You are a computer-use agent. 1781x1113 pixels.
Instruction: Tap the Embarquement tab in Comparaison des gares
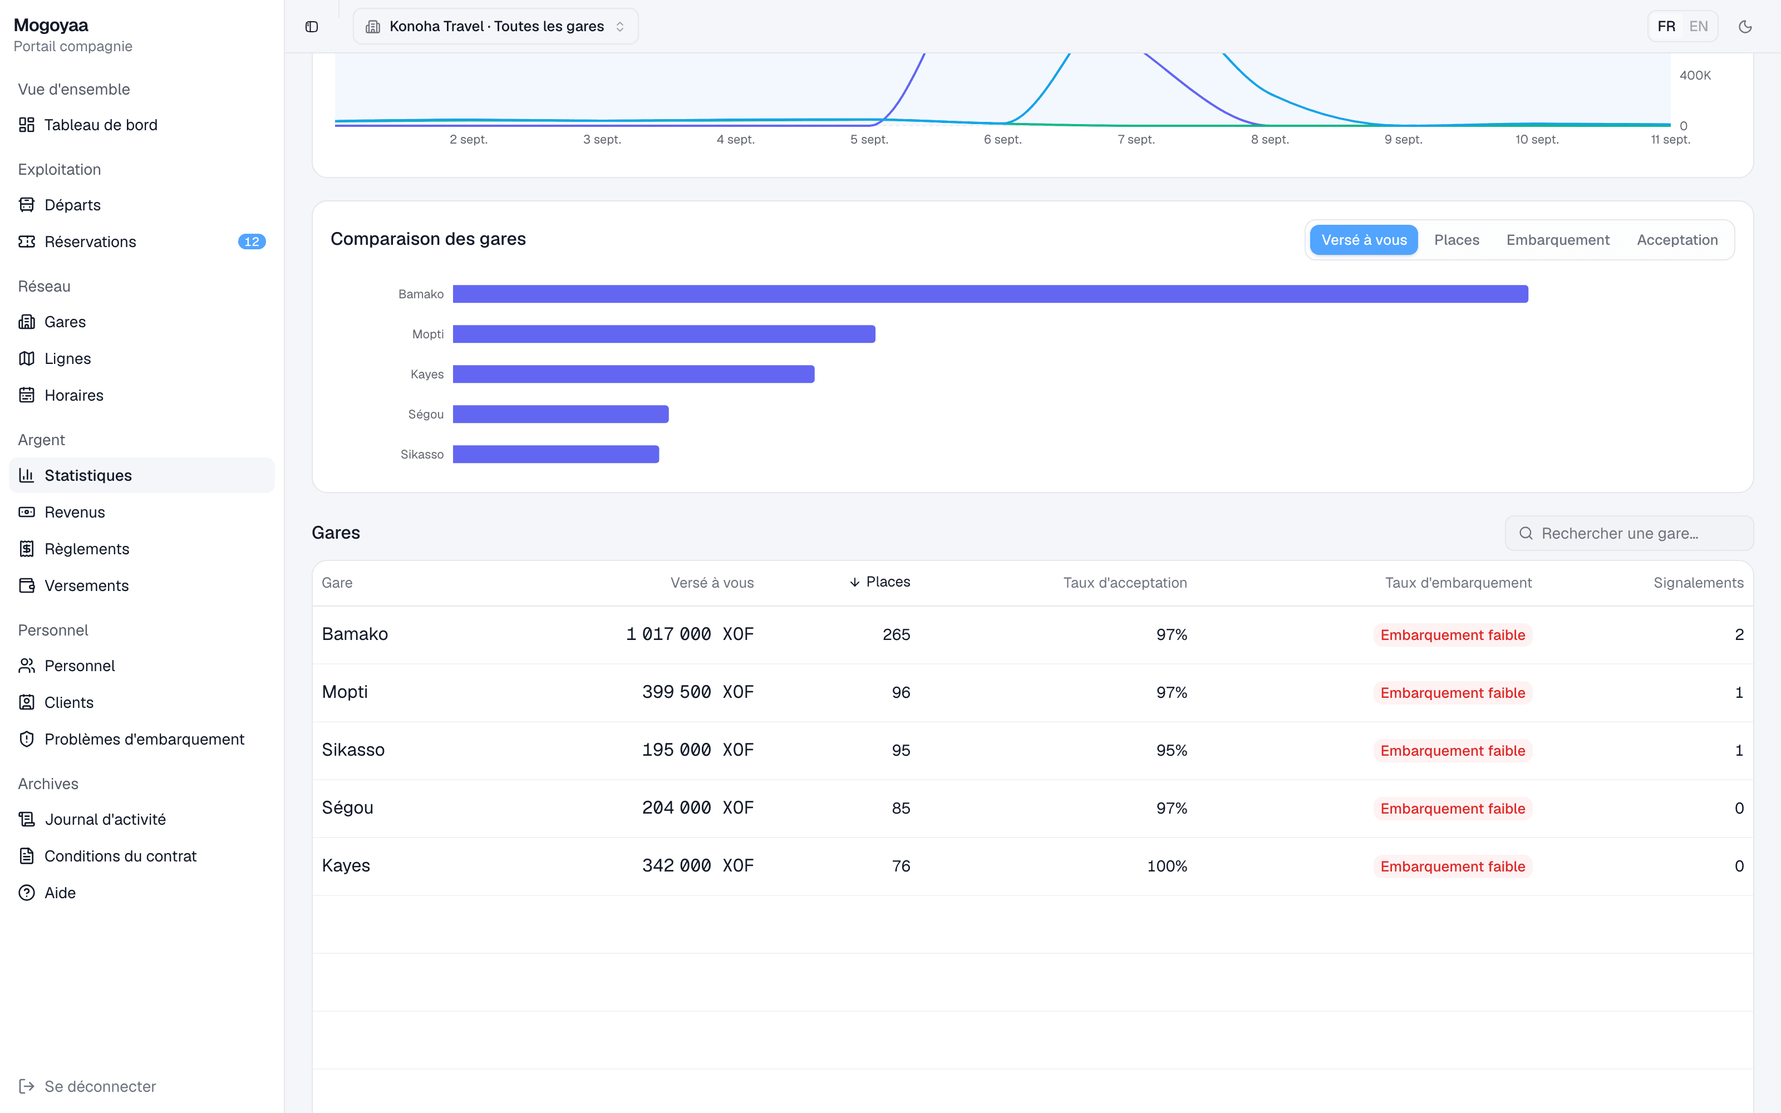(x=1557, y=240)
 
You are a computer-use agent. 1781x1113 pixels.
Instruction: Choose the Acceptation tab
(x=1676, y=240)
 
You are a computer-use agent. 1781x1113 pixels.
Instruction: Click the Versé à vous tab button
(x=1364, y=240)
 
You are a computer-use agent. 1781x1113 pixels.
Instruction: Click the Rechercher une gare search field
(x=1629, y=533)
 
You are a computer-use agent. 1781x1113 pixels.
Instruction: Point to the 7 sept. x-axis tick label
(x=1135, y=139)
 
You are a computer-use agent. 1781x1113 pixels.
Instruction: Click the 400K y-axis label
(x=1695, y=75)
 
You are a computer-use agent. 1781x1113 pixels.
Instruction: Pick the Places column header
(x=879, y=582)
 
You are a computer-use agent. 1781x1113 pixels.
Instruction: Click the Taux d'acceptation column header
(x=1124, y=582)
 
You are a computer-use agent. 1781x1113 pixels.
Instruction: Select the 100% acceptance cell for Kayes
(x=1167, y=866)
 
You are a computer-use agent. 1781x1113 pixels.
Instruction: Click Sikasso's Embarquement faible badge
(x=1452, y=750)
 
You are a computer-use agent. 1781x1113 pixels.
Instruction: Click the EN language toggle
(x=1698, y=27)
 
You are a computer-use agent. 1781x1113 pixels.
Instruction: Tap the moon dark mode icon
(x=1745, y=27)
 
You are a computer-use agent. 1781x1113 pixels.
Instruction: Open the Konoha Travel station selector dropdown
(x=495, y=27)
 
